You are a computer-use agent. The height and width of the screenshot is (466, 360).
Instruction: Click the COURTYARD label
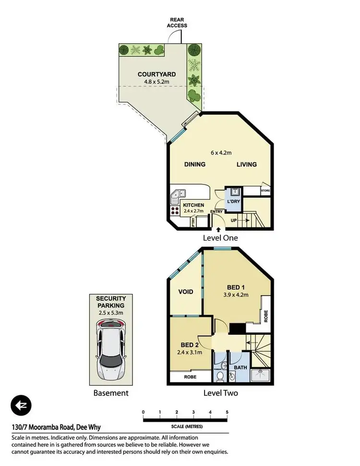[156, 74]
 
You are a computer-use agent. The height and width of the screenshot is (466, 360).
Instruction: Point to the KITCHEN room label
[193, 205]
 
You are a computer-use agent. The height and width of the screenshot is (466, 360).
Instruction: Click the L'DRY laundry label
[233, 202]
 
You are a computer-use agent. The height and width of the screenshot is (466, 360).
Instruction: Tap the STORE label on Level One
[265, 191]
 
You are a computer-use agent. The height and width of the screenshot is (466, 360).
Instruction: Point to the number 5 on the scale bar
[227, 412]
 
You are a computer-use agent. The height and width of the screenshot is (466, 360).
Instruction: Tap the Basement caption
[110, 393]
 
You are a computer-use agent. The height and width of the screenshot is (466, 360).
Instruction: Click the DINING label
[195, 164]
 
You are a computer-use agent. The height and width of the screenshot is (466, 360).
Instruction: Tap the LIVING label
[246, 164]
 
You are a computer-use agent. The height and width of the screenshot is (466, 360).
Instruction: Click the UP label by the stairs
[234, 220]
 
